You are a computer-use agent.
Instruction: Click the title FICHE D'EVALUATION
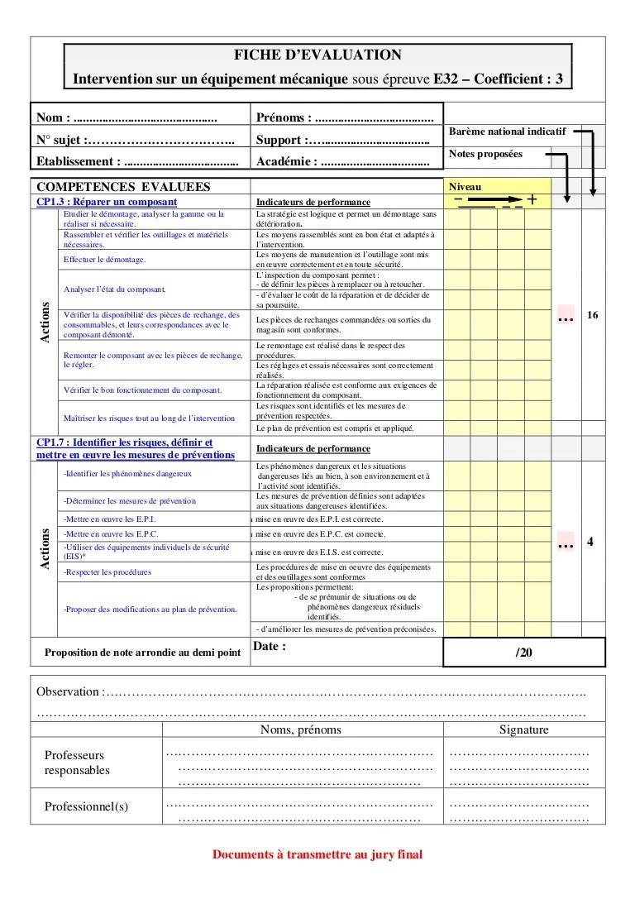[x=318, y=55]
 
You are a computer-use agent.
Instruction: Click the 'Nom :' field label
[x=53, y=117]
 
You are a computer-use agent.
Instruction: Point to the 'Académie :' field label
[x=287, y=161]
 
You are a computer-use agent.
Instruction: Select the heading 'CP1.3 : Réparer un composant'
[x=107, y=202]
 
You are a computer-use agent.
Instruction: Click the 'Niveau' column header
[x=465, y=187]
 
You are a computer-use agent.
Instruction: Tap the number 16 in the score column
[x=592, y=315]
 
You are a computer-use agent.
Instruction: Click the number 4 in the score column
[x=590, y=543]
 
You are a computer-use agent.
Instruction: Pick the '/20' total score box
[x=524, y=652]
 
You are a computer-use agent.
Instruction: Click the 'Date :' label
[x=270, y=647]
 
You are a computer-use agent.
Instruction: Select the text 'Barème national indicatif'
[x=507, y=132]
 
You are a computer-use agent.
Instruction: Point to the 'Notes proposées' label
[x=485, y=154]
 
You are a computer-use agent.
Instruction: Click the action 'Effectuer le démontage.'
[x=104, y=260]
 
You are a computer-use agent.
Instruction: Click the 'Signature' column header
[x=523, y=729]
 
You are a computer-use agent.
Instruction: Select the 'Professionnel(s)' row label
[x=86, y=806]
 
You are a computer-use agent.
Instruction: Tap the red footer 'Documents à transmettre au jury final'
[x=317, y=854]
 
